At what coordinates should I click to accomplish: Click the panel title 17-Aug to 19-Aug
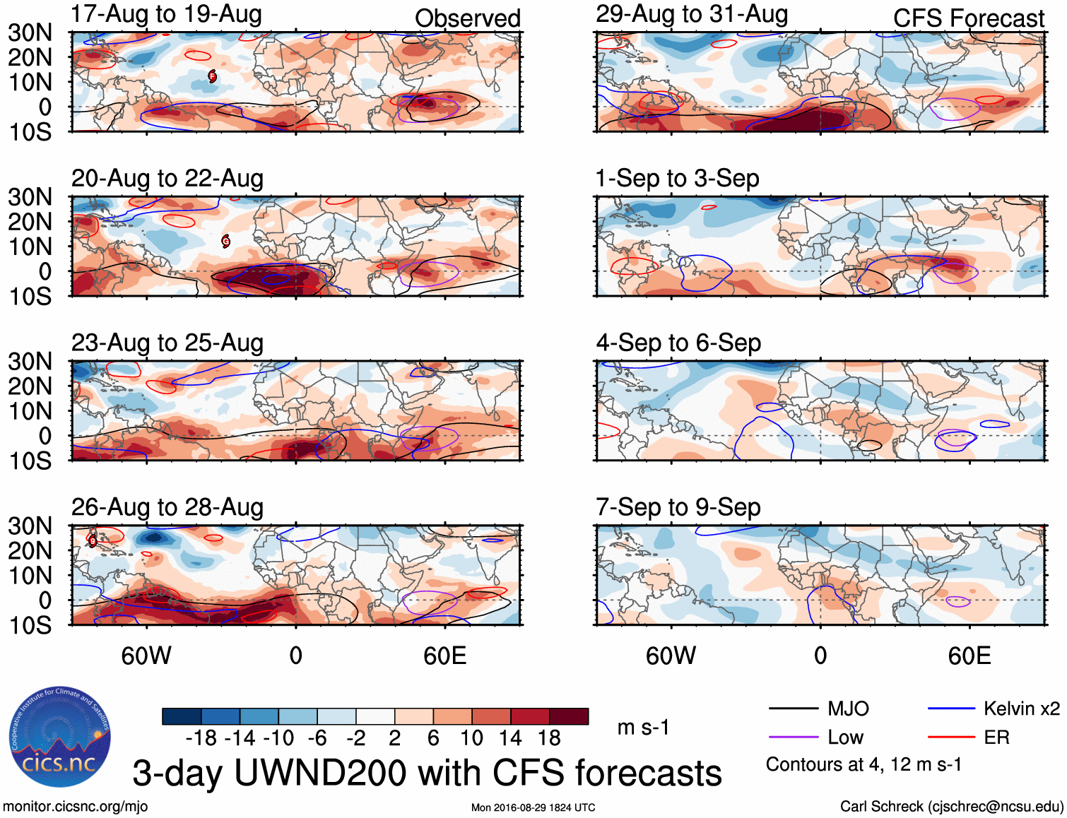tap(166, 14)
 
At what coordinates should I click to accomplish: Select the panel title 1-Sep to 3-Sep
tap(677, 179)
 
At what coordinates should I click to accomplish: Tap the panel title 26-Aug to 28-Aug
tap(167, 507)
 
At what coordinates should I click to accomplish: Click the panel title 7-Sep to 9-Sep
tap(678, 507)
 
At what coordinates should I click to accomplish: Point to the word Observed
tap(467, 18)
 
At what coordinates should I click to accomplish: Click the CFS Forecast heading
tap(968, 18)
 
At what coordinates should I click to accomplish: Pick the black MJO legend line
tap(793, 709)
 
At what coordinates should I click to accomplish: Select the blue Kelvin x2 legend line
tap(951, 709)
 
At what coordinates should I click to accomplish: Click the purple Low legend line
tap(793, 737)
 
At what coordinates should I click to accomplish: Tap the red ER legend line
tap(951, 737)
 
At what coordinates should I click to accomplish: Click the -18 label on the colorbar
tap(201, 738)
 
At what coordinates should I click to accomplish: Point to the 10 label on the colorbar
tap(471, 738)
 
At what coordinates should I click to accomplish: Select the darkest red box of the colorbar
tap(569, 716)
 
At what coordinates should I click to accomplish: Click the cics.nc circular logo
tap(60, 737)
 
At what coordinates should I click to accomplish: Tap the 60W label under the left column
tap(146, 656)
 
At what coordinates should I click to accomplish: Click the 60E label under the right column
tap(969, 656)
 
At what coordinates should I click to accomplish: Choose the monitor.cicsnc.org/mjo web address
tap(76, 807)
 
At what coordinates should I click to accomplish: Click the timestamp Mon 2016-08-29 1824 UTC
tap(533, 807)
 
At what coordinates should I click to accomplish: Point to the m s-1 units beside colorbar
tap(643, 728)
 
